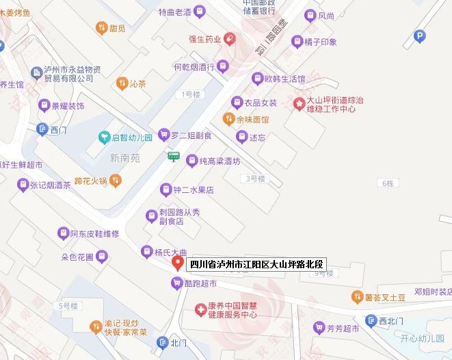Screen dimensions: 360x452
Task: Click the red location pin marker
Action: point(176,263)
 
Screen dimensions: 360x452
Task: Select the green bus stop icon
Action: point(174,157)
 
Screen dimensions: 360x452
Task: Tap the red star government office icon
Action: point(299,103)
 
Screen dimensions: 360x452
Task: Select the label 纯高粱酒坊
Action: point(220,162)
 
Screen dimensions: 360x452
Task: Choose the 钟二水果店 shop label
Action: point(194,190)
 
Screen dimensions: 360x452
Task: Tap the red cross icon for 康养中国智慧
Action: point(200,309)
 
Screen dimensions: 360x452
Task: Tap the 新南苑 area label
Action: point(124,158)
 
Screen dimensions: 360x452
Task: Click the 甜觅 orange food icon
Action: point(100,28)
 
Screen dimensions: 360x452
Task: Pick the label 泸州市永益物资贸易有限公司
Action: point(72,74)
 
